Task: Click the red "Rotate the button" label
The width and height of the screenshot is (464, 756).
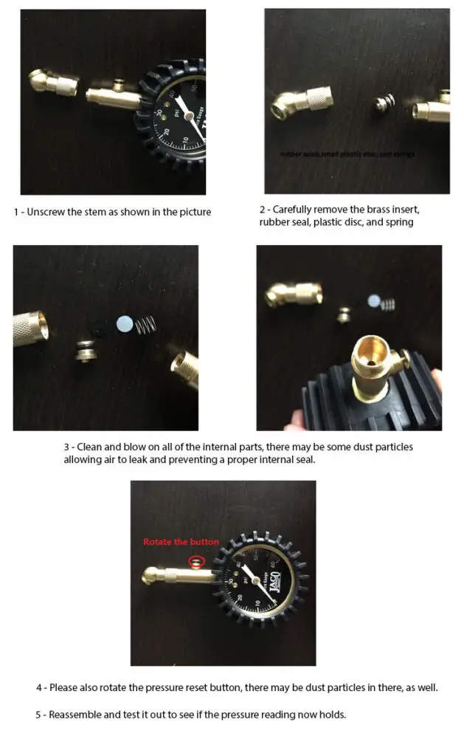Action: pos(181,542)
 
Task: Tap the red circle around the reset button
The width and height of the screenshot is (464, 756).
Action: pos(195,561)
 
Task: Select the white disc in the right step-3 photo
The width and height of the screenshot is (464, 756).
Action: pos(373,300)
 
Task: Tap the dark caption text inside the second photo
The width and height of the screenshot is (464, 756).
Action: pos(347,154)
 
